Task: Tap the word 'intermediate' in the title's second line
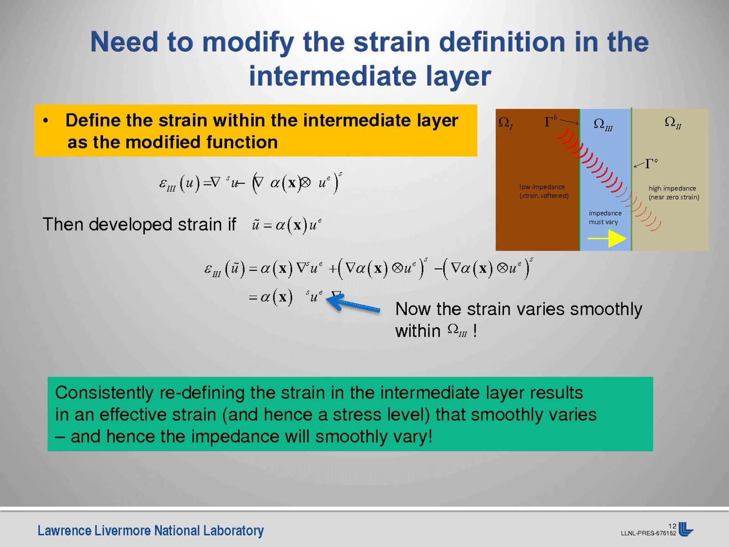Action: click(x=332, y=76)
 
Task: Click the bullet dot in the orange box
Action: click(x=46, y=121)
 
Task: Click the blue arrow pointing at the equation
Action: click(x=353, y=304)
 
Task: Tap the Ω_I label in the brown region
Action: click(x=506, y=123)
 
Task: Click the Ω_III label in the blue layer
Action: click(x=603, y=124)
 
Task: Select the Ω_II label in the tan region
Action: click(x=673, y=123)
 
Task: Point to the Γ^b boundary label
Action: click(x=550, y=121)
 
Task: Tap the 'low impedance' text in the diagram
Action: click(x=542, y=186)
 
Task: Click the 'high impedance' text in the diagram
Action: click(x=672, y=188)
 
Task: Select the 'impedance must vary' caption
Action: click(x=605, y=217)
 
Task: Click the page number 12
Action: click(x=672, y=526)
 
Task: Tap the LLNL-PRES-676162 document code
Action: click(x=649, y=533)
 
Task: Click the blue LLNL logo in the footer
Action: click(x=686, y=529)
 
